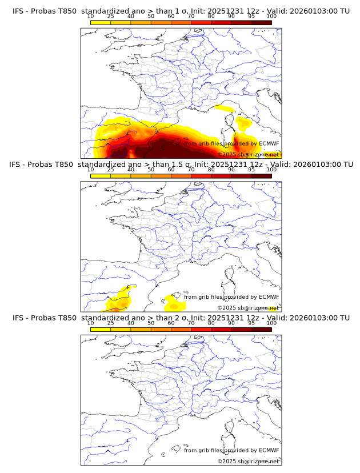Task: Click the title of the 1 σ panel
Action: coord(181,11)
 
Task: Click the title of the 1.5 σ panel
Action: coord(181,164)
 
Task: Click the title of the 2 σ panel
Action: coord(181,318)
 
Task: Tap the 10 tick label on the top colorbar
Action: coord(91,16)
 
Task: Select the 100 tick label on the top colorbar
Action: coord(271,16)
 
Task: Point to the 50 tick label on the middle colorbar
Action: coord(151,170)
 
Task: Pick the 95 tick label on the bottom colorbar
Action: coord(251,323)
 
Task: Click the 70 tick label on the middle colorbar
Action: coord(191,170)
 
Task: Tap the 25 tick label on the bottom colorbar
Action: coord(111,323)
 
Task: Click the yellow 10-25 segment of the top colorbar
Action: coord(101,23)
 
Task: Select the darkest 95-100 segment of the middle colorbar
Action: coord(261,177)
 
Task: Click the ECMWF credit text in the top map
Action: coord(231,143)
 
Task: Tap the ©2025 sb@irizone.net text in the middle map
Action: coord(248,307)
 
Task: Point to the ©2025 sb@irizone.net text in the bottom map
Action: coord(248,461)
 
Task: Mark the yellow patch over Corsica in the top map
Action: coord(245,123)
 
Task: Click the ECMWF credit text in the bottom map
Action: coord(231,450)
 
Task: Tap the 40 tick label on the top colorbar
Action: coord(131,16)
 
